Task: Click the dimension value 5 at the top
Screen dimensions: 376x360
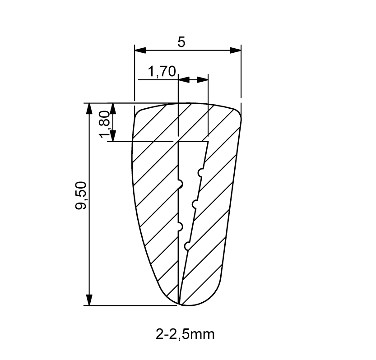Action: point(181,42)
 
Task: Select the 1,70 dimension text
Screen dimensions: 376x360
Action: point(162,71)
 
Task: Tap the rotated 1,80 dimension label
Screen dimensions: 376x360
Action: point(105,124)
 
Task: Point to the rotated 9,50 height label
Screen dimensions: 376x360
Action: point(80,196)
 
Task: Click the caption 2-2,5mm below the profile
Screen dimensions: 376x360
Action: point(185,334)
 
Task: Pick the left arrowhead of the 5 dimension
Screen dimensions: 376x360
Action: point(140,51)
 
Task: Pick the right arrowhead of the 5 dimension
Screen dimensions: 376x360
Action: point(236,51)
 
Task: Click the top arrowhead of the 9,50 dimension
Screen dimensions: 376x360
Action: point(89,109)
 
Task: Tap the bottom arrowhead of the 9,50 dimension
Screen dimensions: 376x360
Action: point(89,300)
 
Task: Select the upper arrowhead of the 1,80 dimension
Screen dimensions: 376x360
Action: point(113,109)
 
